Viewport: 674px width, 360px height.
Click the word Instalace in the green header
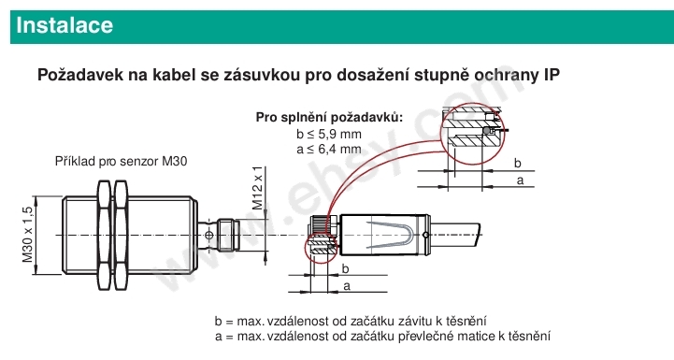tap(65, 25)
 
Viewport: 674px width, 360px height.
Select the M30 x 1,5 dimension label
tap(27, 235)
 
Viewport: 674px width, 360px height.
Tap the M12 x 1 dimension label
tap(257, 188)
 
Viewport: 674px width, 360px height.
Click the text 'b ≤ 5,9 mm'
tap(329, 135)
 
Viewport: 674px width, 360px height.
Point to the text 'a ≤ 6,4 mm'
tap(329, 150)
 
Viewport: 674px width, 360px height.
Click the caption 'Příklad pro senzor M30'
tap(122, 161)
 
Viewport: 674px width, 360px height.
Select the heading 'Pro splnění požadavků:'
tap(330, 117)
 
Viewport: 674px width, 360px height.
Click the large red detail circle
tap(441, 135)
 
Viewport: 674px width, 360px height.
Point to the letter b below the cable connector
tap(345, 268)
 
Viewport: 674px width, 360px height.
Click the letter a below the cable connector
tap(348, 286)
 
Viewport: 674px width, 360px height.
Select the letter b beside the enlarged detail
tap(518, 163)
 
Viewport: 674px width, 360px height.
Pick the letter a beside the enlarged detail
tap(520, 180)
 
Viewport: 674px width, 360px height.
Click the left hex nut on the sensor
tap(104, 235)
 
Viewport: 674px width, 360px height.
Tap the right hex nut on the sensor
tap(121, 235)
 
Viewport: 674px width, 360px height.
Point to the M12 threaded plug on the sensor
tap(228, 235)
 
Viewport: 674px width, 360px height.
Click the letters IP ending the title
tap(552, 75)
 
